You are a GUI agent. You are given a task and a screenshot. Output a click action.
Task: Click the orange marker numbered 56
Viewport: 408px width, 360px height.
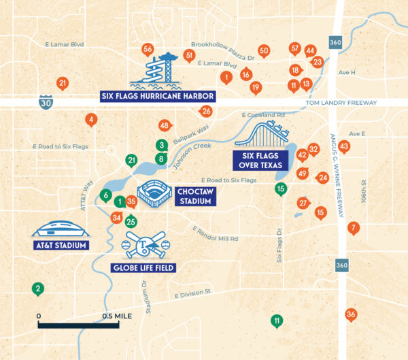click(x=148, y=49)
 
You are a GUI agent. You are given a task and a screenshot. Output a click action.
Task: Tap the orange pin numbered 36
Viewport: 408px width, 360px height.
click(x=351, y=314)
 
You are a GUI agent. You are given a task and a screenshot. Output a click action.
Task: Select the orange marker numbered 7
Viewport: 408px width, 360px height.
click(x=353, y=228)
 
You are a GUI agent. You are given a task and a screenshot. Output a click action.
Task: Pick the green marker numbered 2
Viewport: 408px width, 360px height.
click(x=38, y=289)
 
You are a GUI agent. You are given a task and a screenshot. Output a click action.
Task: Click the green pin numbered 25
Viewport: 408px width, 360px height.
click(x=131, y=221)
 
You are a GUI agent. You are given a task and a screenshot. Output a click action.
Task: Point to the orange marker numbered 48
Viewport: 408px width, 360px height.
click(x=164, y=126)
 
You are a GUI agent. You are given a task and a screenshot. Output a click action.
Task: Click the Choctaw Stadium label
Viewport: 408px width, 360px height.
click(x=195, y=196)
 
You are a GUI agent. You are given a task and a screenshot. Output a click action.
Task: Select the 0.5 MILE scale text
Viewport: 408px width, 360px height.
click(x=117, y=316)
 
